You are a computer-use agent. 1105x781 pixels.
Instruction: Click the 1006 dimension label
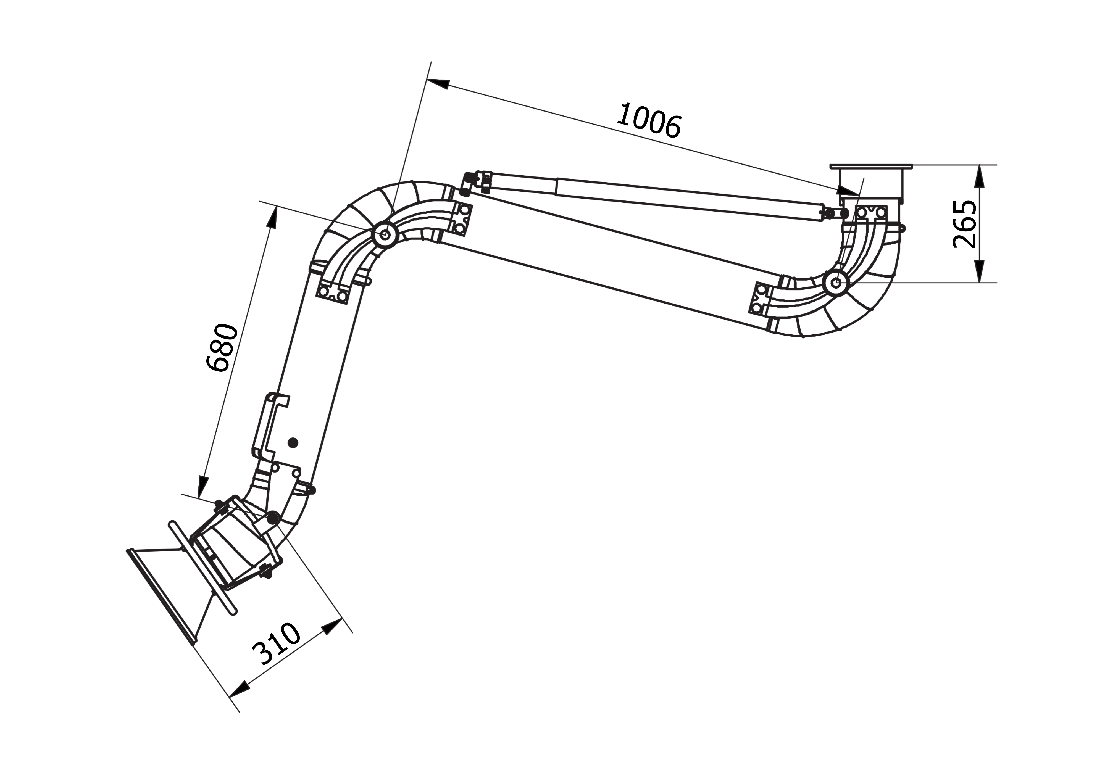pos(649,121)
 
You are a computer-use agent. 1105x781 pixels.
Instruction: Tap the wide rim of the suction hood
pos(161,595)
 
